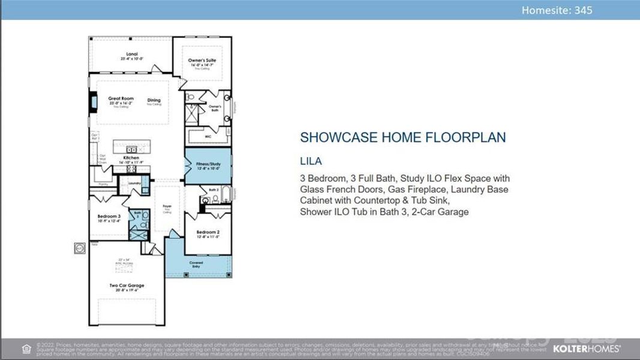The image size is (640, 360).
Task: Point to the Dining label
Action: coord(154,101)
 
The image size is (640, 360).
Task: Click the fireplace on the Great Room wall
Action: coord(93,101)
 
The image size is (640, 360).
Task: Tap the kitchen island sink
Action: coord(131,149)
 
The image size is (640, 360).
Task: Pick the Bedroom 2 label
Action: coord(208,233)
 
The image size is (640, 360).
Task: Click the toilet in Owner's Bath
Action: coord(190,97)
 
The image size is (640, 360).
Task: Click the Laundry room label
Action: coord(134,183)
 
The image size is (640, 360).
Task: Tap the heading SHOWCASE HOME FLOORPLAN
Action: coord(402,137)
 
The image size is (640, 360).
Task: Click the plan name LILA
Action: coord(311,161)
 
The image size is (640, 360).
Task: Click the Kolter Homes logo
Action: coord(586,348)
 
